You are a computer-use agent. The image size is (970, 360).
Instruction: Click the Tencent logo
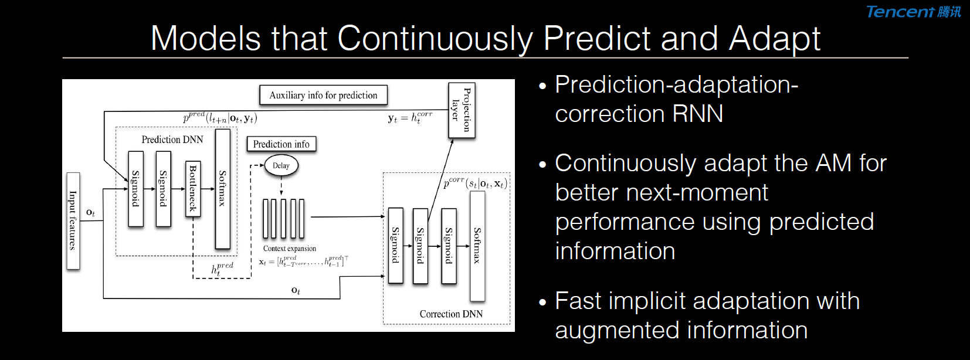913,12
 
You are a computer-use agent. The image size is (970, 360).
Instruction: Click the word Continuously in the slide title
435,39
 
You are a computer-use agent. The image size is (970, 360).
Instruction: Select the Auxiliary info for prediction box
324,95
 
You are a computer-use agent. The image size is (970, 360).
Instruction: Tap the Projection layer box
462,110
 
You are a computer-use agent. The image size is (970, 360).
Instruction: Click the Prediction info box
281,144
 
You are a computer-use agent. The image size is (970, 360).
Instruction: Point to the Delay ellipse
281,165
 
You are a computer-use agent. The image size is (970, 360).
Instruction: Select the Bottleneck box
193,189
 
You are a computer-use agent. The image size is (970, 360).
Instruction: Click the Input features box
73,220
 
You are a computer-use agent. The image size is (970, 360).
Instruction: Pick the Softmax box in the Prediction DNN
223,189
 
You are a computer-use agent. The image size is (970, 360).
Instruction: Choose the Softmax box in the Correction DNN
477,246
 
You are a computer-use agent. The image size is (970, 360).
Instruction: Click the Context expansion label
290,249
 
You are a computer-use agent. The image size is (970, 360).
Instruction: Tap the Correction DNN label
451,314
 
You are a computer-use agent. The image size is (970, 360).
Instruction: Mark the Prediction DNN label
172,140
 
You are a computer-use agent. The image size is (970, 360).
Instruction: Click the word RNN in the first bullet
698,114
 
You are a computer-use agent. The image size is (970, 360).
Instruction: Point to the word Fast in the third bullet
578,301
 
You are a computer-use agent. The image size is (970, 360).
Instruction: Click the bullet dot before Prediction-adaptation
543,86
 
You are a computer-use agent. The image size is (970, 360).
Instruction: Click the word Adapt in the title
774,39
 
